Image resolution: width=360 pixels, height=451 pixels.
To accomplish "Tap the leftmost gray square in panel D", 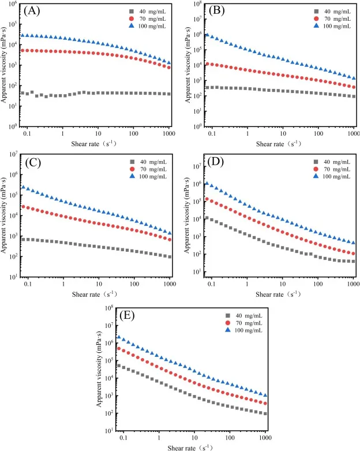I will click(x=207, y=219).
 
